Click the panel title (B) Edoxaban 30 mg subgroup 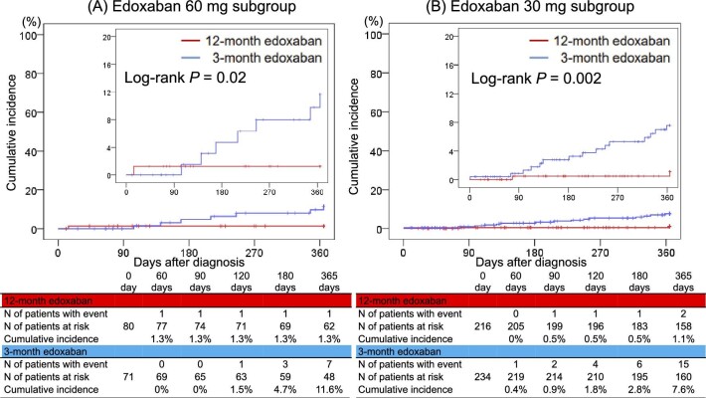(x=535, y=10)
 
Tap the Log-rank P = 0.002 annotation (x=533, y=76)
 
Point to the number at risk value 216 (x=481, y=324)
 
